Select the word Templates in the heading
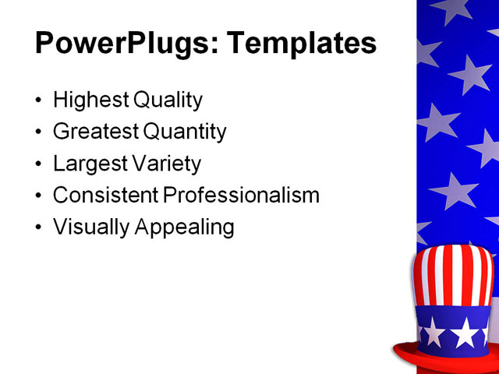(x=301, y=44)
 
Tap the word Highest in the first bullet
(x=90, y=101)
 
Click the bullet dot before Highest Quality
(x=40, y=101)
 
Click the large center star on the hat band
(x=465, y=333)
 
